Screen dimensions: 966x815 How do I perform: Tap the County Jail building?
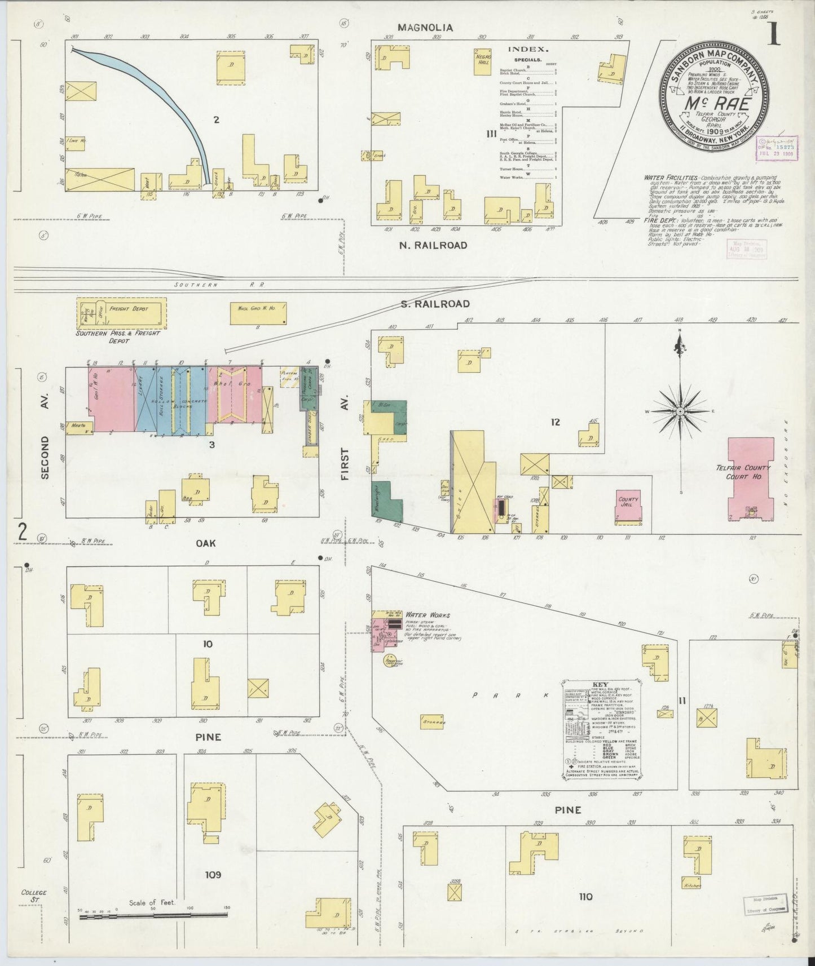[628, 503]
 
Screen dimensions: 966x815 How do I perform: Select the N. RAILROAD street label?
[433, 245]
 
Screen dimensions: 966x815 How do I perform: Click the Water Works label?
[428, 615]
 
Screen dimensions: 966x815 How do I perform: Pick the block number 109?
[213, 875]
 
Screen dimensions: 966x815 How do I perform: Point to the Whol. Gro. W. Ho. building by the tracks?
[258, 313]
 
